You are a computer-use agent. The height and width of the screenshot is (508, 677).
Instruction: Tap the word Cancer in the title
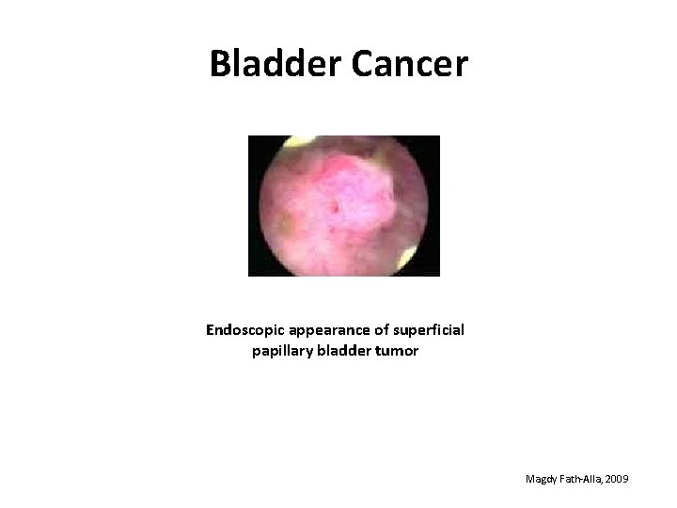click(408, 63)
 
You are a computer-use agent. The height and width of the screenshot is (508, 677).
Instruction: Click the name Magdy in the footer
click(542, 480)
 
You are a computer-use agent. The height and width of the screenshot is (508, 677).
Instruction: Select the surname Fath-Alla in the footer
click(580, 480)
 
